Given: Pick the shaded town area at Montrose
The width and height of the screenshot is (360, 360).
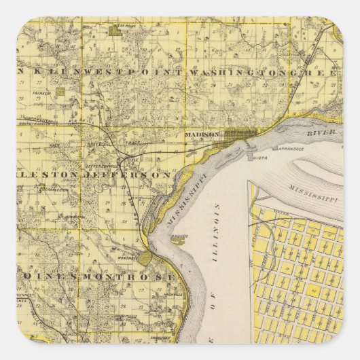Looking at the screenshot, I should pos(145,258).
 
